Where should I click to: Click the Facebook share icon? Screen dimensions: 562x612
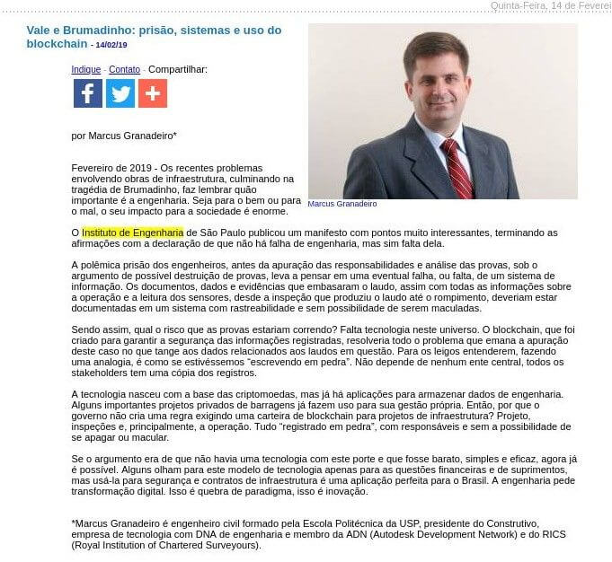coord(87,93)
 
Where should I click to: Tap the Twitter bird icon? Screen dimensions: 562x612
coord(120,93)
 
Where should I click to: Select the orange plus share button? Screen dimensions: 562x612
coord(153,93)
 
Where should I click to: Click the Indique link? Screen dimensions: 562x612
coord(86,69)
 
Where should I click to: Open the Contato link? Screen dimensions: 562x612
coord(124,69)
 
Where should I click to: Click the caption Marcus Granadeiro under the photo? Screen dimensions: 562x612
coord(342,205)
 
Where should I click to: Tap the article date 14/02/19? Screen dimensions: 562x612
coord(112,44)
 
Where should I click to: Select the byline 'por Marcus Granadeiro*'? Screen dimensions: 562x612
coord(124,136)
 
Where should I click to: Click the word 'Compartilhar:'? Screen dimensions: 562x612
coord(178,69)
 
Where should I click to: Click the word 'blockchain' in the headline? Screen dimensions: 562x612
coord(57,43)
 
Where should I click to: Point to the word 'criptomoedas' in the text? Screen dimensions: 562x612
coord(269,394)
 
